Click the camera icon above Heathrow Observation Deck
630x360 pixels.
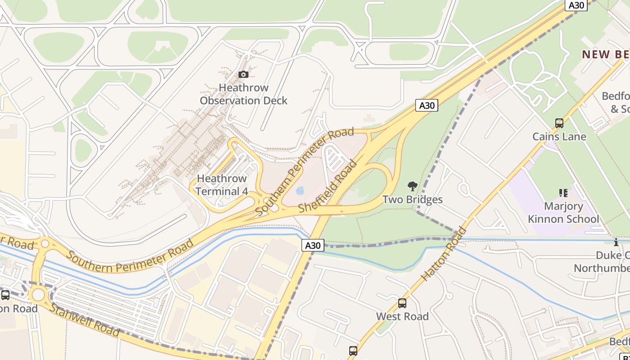(243, 74)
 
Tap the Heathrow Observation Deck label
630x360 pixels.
(243, 94)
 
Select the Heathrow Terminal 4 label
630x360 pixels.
(222, 185)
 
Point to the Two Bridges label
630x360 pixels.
(412, 199)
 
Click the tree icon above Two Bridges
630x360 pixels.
(412, 186)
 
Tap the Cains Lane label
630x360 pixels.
(559, 136)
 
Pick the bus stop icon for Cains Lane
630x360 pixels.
(559, 123)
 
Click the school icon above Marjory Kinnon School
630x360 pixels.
(563, 193)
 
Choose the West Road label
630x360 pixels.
(402, 316)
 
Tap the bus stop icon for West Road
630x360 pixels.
(402, 303)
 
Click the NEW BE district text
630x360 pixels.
(605, 54)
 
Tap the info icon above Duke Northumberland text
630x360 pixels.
(616, 242)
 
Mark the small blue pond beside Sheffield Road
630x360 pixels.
(300, 191)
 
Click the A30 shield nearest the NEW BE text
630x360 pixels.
(576, 5)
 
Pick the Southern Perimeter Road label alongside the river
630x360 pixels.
(130, 256)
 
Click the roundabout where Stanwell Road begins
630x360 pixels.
(38, 295)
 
